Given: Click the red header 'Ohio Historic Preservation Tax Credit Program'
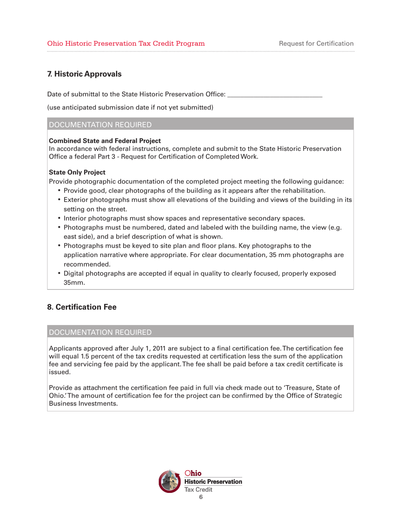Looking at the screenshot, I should tap(126, 43).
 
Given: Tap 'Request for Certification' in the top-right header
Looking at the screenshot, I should tap(316, 43).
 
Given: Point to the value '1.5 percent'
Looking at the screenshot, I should tap(87, 356).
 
